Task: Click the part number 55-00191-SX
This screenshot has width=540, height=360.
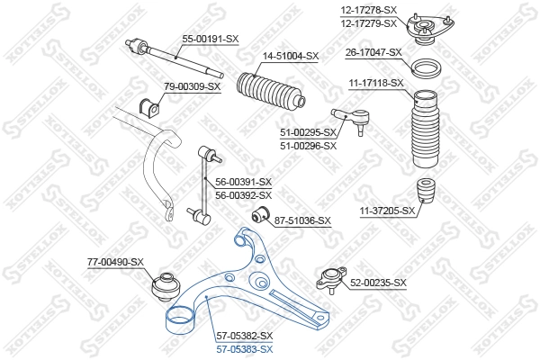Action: [x=211, y=40]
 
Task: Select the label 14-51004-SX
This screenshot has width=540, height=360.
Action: [x=290, y=56]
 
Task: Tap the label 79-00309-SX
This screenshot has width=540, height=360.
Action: [x=192, y=86]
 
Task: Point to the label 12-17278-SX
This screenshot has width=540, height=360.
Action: [x=369, y=9]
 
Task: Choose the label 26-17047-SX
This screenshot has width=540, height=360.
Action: [x=373, y=53]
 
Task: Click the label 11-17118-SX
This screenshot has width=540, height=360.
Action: [x=375, y=83]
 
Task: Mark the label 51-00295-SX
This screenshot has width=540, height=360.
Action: [x=307, y=132]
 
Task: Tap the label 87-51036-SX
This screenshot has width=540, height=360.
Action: [x=302, y=220]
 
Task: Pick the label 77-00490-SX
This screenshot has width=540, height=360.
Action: [x=115, y=261]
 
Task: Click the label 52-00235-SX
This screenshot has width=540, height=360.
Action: [x=378, y=283]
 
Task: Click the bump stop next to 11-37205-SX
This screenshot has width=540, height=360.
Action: [x=427, y=197]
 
